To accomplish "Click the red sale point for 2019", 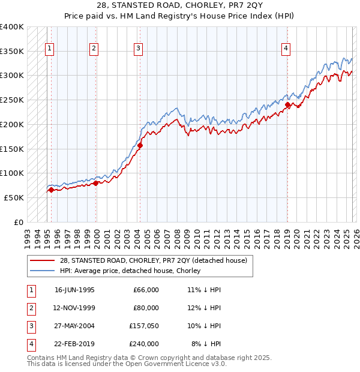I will click(x=287, y=105).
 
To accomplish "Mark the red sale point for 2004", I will click(x=140, y=145).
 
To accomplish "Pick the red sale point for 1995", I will click(x=51, y=190).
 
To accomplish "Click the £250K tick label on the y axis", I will click(x=12, y=100).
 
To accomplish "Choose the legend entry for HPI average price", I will click(x=130, y=271).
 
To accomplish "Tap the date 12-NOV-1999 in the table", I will click(x=74, y=308).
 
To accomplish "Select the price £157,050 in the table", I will click(x=145, y=326).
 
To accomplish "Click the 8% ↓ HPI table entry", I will click(x=206, y=344).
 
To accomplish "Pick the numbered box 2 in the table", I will click(x=30, y=308).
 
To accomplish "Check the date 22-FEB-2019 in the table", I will click(x=74, y=344).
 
